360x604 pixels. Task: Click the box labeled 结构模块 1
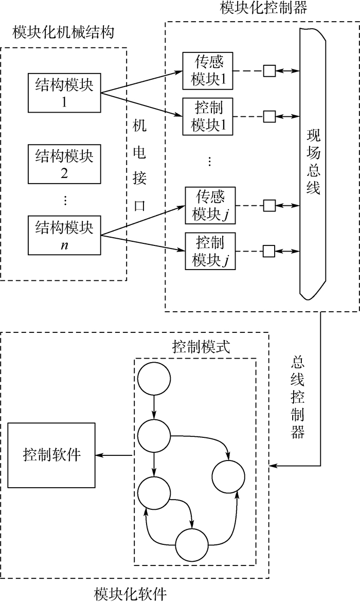[x=64, y=93]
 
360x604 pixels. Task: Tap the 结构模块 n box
[x=64, y=235]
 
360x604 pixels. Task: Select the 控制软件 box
[x=51, y=455]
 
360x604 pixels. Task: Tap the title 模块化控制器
[x=257, y=8]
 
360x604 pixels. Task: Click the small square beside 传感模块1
[x=269, y=70]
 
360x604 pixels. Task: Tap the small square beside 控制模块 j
[x=269, y=252]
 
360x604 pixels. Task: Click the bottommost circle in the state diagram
[x=192, y=545]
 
